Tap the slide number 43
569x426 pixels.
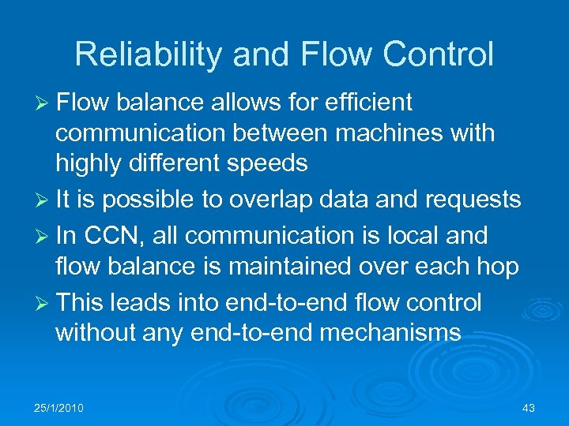tap(529, 408)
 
